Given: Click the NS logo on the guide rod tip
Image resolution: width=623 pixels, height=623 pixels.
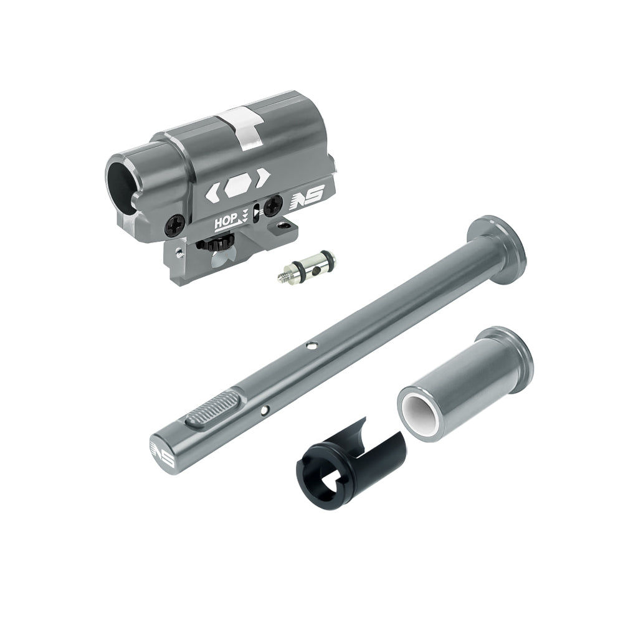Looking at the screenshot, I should tap(164, 452).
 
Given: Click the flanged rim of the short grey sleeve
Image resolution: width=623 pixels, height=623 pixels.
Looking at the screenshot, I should tap(504, 345).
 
